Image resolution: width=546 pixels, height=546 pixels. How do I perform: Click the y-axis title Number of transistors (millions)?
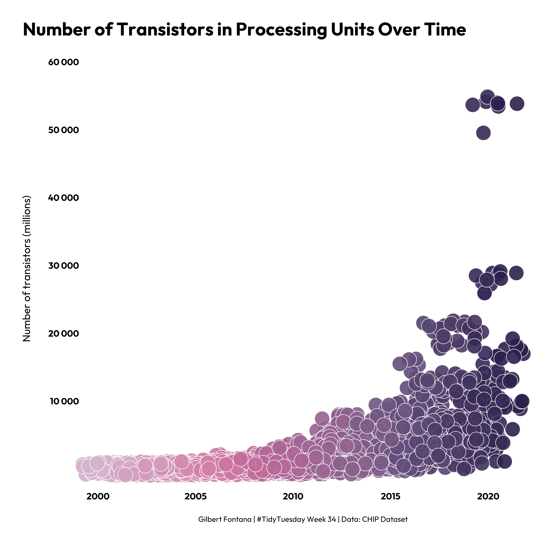click(27, 268)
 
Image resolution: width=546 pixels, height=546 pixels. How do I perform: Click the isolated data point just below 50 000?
click(483, 133)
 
